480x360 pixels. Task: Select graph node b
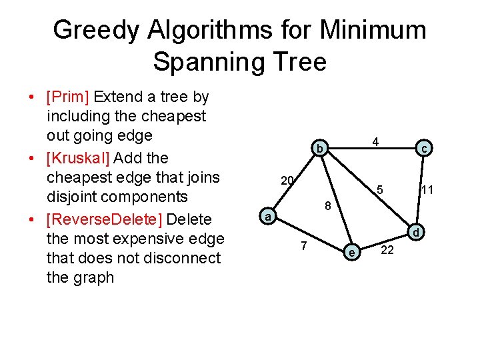click(x=320, y=148)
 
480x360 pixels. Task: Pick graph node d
click(x=415, y=233)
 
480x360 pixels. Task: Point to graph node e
click(x=351, y=251)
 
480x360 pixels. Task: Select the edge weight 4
click(x=376, y=141)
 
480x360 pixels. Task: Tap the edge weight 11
click(x=427, y=191)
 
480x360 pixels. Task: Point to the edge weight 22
click(x=387, y=250)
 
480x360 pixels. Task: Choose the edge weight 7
click(x=303, y=246)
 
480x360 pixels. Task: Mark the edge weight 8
click(x=328, y=206)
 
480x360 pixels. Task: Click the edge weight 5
click(x=379, y=189)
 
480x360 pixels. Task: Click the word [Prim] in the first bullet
click(x=68, y=97)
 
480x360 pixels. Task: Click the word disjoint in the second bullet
click(x=74, y=197)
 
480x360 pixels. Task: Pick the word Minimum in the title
click(x=373, y=30)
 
